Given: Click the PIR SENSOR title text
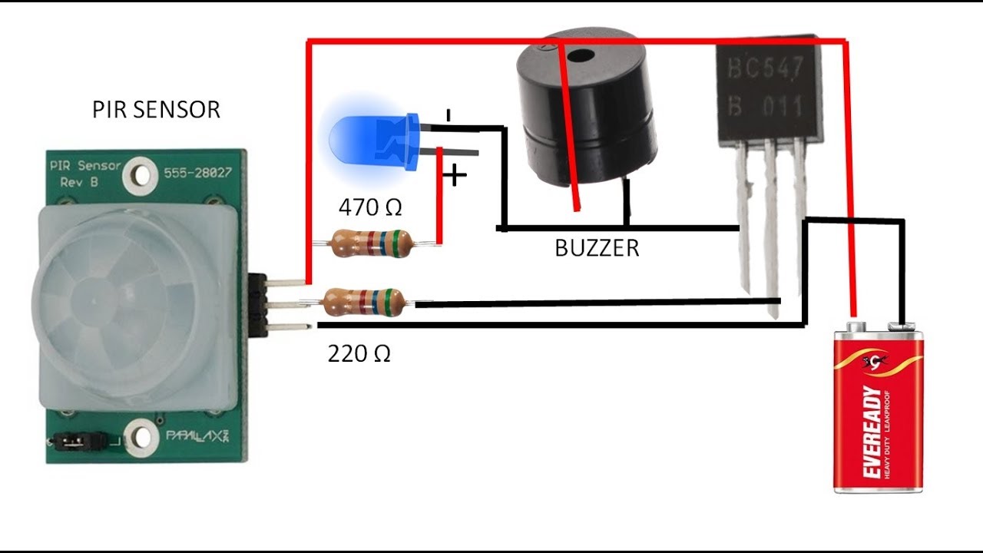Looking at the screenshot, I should click(x=156, y=109).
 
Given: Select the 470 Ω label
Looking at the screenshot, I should click(x=370, y=207).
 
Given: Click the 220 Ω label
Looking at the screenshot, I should click(x=359, y=353).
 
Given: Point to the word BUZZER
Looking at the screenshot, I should click(x=597, y=248).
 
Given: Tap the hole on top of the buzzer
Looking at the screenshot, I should click(x=582, y=55).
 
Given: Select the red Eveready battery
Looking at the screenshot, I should click(x=879, y=407).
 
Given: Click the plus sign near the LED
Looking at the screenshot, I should click(x=455, y=176).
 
